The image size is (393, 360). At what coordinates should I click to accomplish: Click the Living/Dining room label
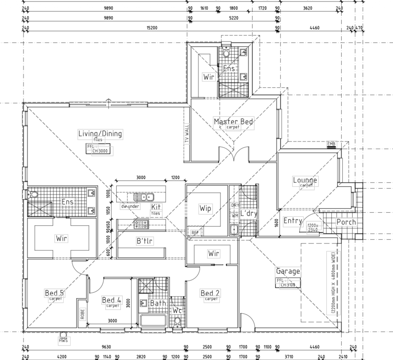[100, 134]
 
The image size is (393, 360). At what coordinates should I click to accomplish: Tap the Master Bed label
[233, 122]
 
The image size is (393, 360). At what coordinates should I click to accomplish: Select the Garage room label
[288, 271]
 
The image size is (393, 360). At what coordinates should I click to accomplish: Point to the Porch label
[346, 222]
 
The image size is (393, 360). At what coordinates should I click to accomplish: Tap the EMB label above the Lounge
[331, 145]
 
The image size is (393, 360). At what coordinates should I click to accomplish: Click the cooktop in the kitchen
[142, 224]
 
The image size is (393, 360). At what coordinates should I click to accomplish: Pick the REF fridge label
[195, 232]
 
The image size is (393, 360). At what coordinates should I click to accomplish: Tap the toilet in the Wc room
[178, 321]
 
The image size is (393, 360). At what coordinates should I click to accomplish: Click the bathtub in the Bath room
[153, 321]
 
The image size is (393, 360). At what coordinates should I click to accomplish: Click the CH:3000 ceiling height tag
[100, 150]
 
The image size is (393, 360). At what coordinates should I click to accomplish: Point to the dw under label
[130, 206]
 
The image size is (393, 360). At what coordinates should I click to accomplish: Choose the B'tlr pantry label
[145, 241]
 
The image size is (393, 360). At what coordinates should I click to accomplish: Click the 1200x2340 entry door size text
[313, 227]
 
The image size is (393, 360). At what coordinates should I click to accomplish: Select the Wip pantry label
[205, 208]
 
